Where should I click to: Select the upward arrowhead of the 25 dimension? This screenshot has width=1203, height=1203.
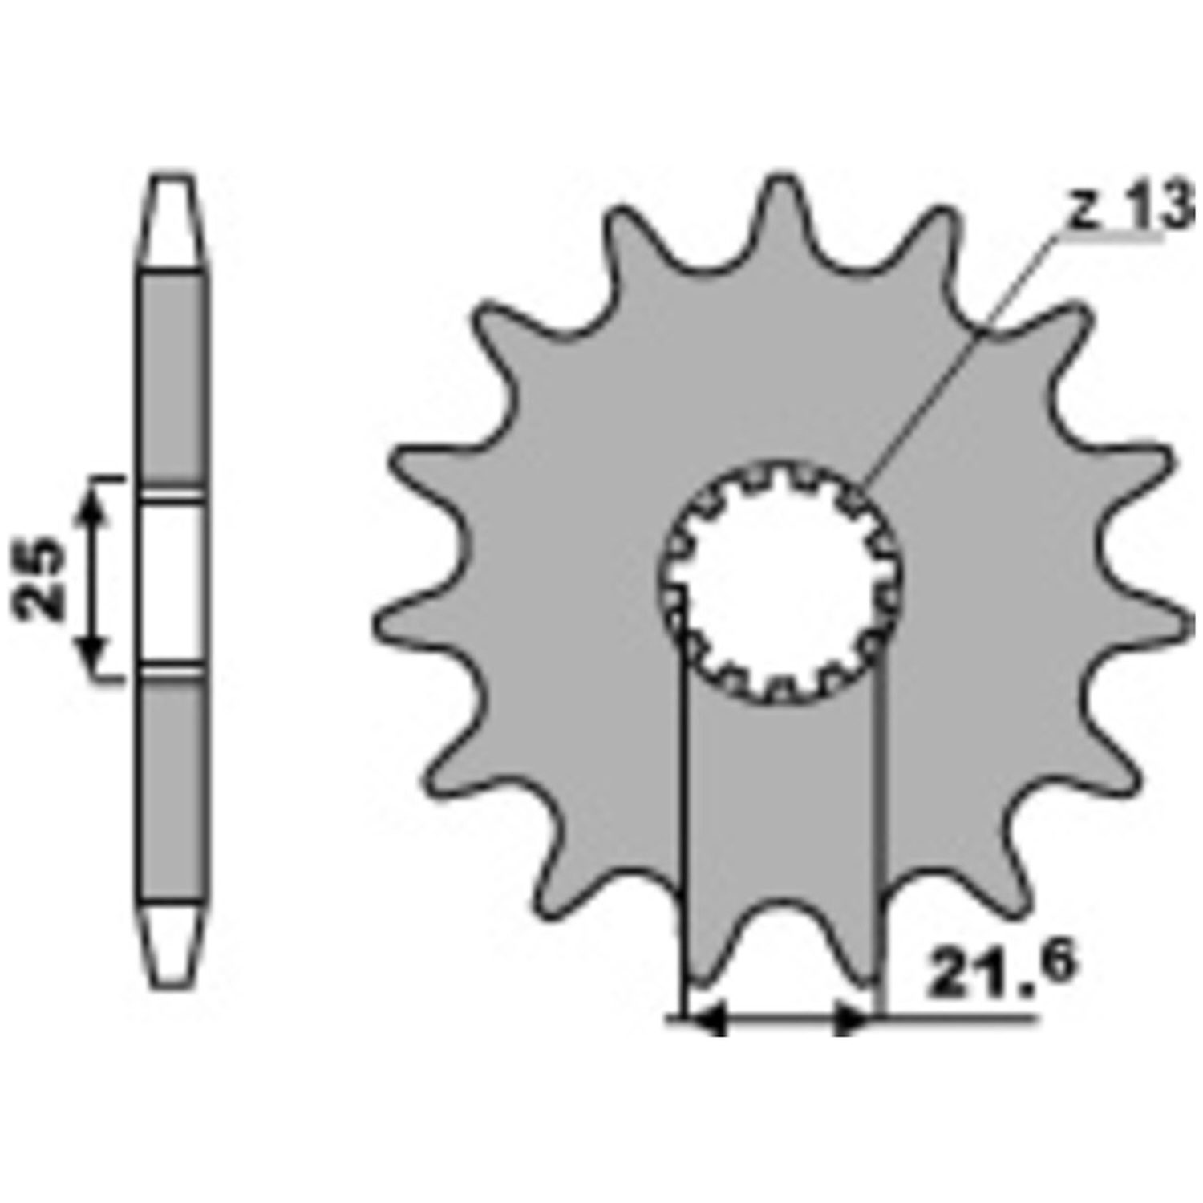coord(95,505)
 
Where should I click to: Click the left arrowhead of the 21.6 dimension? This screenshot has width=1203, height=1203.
coord(706,1020)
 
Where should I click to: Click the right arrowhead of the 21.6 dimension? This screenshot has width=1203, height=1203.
coord(852,1020)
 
